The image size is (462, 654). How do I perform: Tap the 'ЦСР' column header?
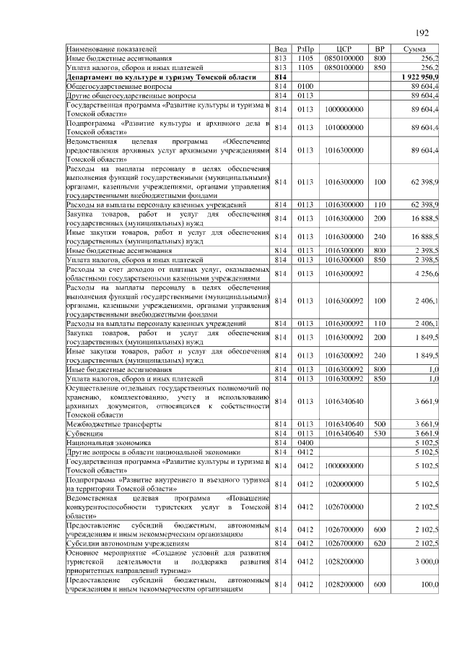point(343,48)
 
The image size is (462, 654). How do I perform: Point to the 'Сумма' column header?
point(414,48)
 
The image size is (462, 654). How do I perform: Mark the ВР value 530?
point(380,433)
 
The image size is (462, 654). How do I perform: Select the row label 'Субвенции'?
point(83,433)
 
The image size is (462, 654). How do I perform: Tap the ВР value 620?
point(380,541)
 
